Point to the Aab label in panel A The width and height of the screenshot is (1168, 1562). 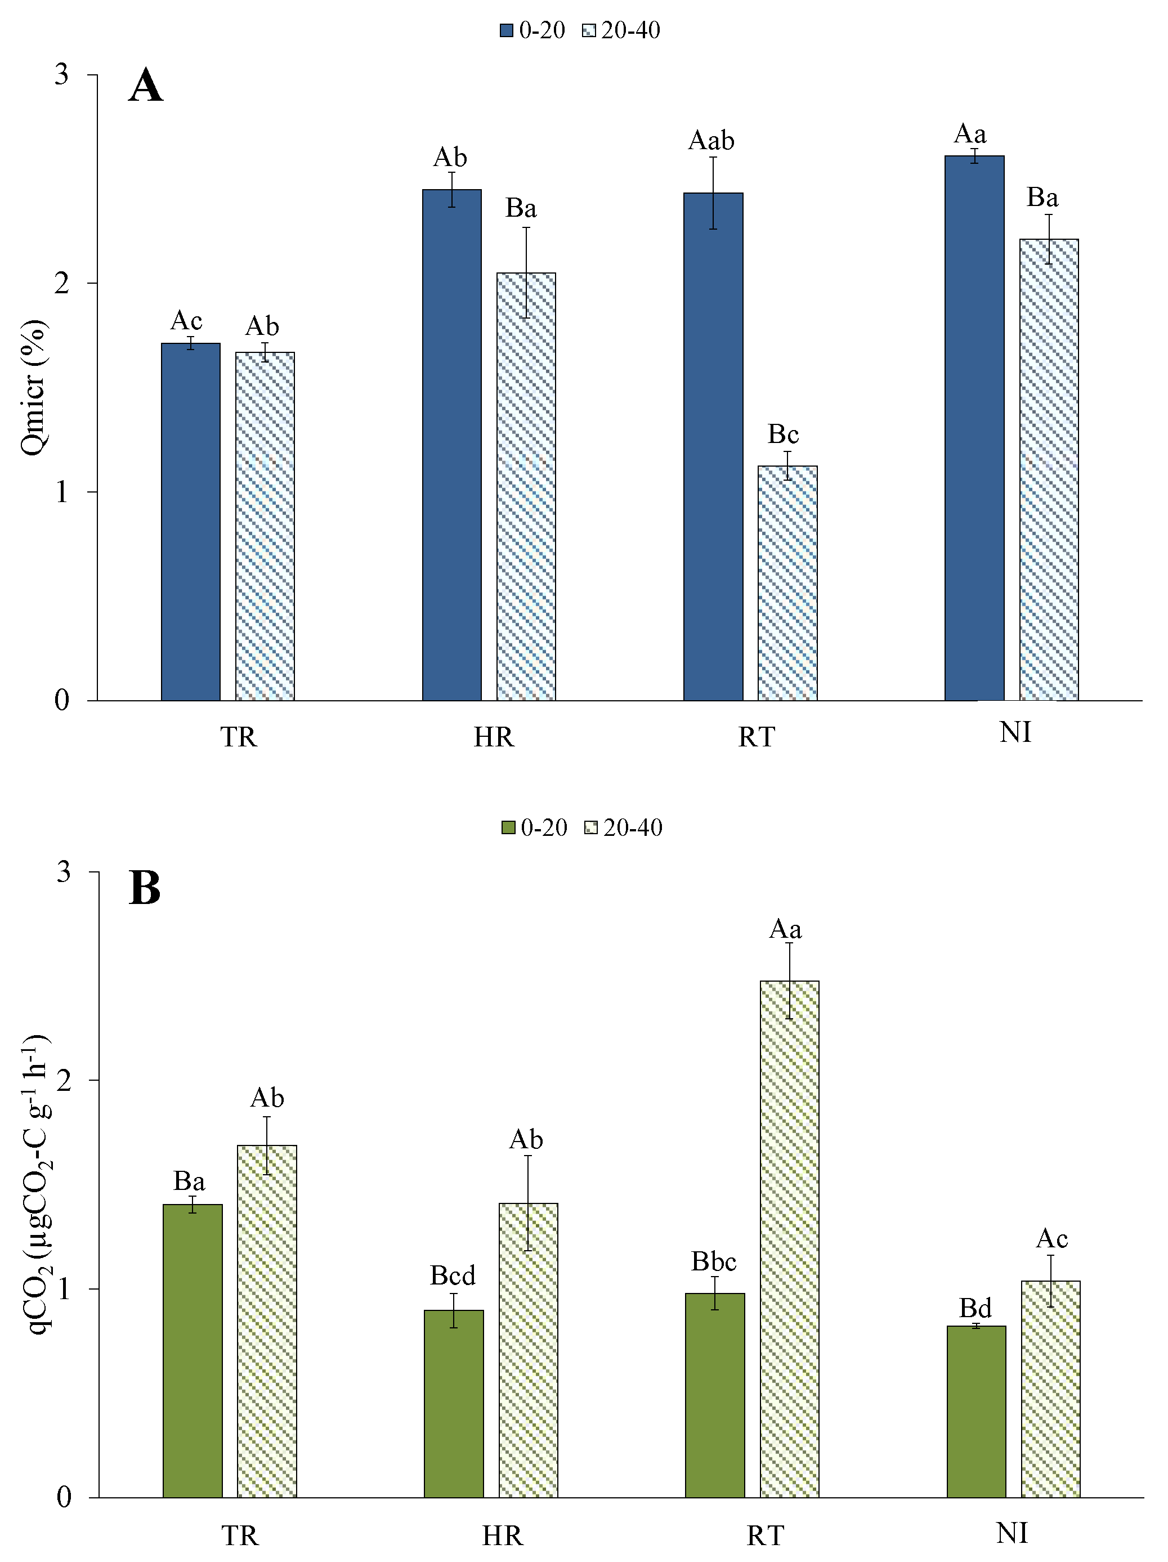coord(711,141)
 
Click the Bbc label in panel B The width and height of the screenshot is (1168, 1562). coord(713,1261)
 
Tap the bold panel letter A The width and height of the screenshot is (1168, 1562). coord(145,86)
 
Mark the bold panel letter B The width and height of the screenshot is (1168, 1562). coord(145,888)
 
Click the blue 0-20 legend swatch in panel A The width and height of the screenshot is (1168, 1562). coord(507,30)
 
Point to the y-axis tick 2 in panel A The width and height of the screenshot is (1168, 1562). coord(63,283)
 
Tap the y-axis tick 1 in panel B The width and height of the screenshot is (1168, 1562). coord(64,1289)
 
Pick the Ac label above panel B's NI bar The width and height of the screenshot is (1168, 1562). coord(1051,1238)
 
